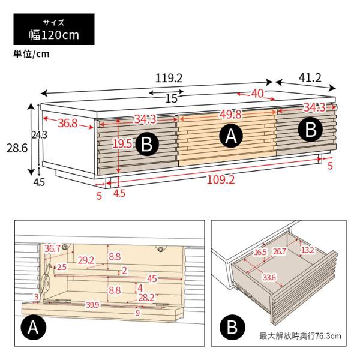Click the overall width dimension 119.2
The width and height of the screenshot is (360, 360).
pos(169,78)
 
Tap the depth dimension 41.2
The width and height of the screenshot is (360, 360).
pos(310,78)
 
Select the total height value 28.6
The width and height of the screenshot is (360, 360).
pos(17,148)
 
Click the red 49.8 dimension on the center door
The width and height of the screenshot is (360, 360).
pos(231,114)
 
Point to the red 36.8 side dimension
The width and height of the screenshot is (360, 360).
pos(67,123)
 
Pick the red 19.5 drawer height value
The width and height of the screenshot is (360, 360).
pos(122,144)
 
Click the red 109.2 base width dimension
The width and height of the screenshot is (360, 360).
pos(221,180)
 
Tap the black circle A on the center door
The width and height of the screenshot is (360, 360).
pos(231,136)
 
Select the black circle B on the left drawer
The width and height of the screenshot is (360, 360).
pos(147,145)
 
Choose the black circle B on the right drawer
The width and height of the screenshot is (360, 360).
pos(310,129)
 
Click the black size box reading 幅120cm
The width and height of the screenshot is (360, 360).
pos(54,29)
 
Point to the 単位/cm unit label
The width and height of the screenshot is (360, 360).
pos(31,54)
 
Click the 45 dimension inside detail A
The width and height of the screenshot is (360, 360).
pos(152,279)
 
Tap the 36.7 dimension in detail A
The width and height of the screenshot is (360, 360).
pos(52,248)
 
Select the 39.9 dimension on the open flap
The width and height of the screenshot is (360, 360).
pos(93,305)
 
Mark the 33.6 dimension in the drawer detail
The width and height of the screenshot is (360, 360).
pos(269,278)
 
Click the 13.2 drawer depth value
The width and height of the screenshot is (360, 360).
pos(307,250)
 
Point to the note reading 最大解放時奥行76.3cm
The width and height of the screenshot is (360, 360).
pos(301,336)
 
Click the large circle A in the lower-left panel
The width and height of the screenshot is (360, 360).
pos(33,328)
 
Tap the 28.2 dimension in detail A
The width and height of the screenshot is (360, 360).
pos(146,298)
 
